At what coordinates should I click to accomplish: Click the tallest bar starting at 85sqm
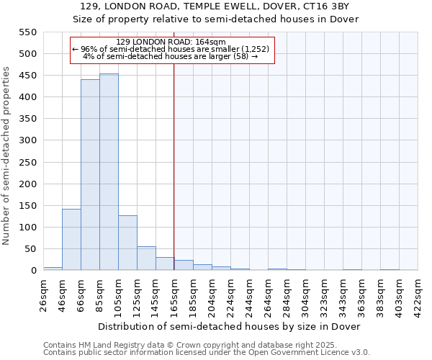click(109, 172)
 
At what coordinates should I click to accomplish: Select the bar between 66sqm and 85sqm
click(90, 175)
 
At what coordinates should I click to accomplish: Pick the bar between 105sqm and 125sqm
click(127, 243)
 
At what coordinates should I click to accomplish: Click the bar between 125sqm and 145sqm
click(146, 258)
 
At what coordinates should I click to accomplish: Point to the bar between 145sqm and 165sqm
click(165, 264)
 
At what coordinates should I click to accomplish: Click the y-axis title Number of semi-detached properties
click(7, 155)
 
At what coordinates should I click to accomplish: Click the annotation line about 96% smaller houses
click(171, 49)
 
